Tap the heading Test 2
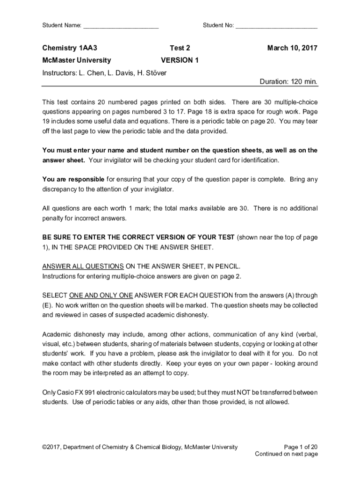(180, 48)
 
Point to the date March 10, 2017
(292, 48)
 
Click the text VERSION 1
(180, 60)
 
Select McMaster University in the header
(77, 60)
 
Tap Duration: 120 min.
(288, 82)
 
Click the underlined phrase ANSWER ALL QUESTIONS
(83, 267)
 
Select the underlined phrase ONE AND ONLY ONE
(101, 296)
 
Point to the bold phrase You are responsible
(73, 179)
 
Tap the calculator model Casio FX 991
(79, 392)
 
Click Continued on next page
(286, 454)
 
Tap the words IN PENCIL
(223, 267)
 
